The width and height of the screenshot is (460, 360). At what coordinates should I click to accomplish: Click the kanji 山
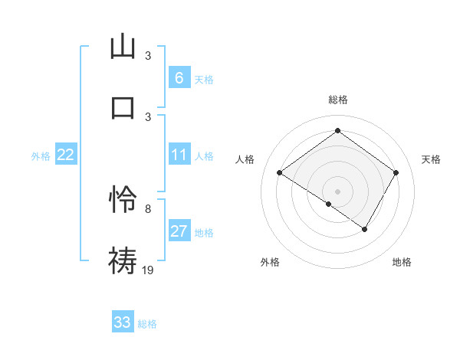tap(123, 47)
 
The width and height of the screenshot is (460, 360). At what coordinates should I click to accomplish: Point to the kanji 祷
tap(123, 260)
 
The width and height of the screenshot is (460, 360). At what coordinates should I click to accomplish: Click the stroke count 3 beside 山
tap(148, 56)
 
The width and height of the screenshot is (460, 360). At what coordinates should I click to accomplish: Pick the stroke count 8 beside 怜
tap(148, 208)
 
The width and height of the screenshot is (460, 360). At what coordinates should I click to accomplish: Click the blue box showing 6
tap(179, 77)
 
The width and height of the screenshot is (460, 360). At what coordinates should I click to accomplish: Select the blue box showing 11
tap(179, 155)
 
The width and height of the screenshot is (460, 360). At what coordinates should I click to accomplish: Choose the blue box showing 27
tap(179, 231)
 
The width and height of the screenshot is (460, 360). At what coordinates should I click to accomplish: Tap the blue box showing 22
tap(65, 155)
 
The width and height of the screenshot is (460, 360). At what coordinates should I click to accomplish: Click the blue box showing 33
tap(122, 322)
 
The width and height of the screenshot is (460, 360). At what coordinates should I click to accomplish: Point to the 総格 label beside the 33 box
tap(147, 324)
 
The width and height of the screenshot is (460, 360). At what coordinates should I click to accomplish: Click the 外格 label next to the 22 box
tap(41, 156)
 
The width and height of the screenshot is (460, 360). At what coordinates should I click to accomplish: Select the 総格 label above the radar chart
tap(337, 100)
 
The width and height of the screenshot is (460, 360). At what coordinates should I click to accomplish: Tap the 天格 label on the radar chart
tap(432, 159)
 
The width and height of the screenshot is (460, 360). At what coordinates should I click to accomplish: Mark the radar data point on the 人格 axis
tap(280, 173)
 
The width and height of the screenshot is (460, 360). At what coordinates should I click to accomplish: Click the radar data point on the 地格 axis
tap(365, 229)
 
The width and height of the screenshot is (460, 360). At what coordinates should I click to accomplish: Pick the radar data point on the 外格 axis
tap(329, 205)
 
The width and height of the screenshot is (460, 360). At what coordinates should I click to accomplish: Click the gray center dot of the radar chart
tap(337, 191)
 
